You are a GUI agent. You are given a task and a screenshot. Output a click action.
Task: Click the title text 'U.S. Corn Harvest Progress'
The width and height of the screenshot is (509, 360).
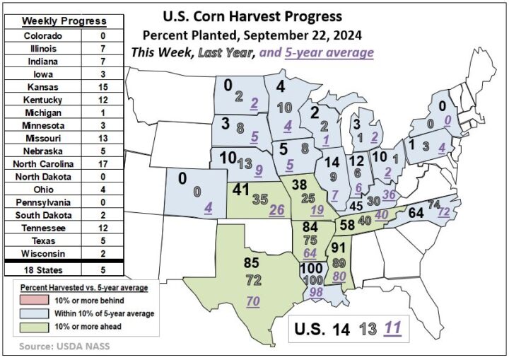click(x=252, y=16)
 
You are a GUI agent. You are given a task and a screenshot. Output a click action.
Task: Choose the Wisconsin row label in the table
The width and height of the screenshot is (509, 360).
click(x=43, y=252)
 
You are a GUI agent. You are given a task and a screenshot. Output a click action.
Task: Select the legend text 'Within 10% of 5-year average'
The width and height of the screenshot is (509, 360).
click(x=100, y=313)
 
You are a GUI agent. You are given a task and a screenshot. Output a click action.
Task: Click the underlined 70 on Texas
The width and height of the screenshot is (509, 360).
click(x=252, y=302)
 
